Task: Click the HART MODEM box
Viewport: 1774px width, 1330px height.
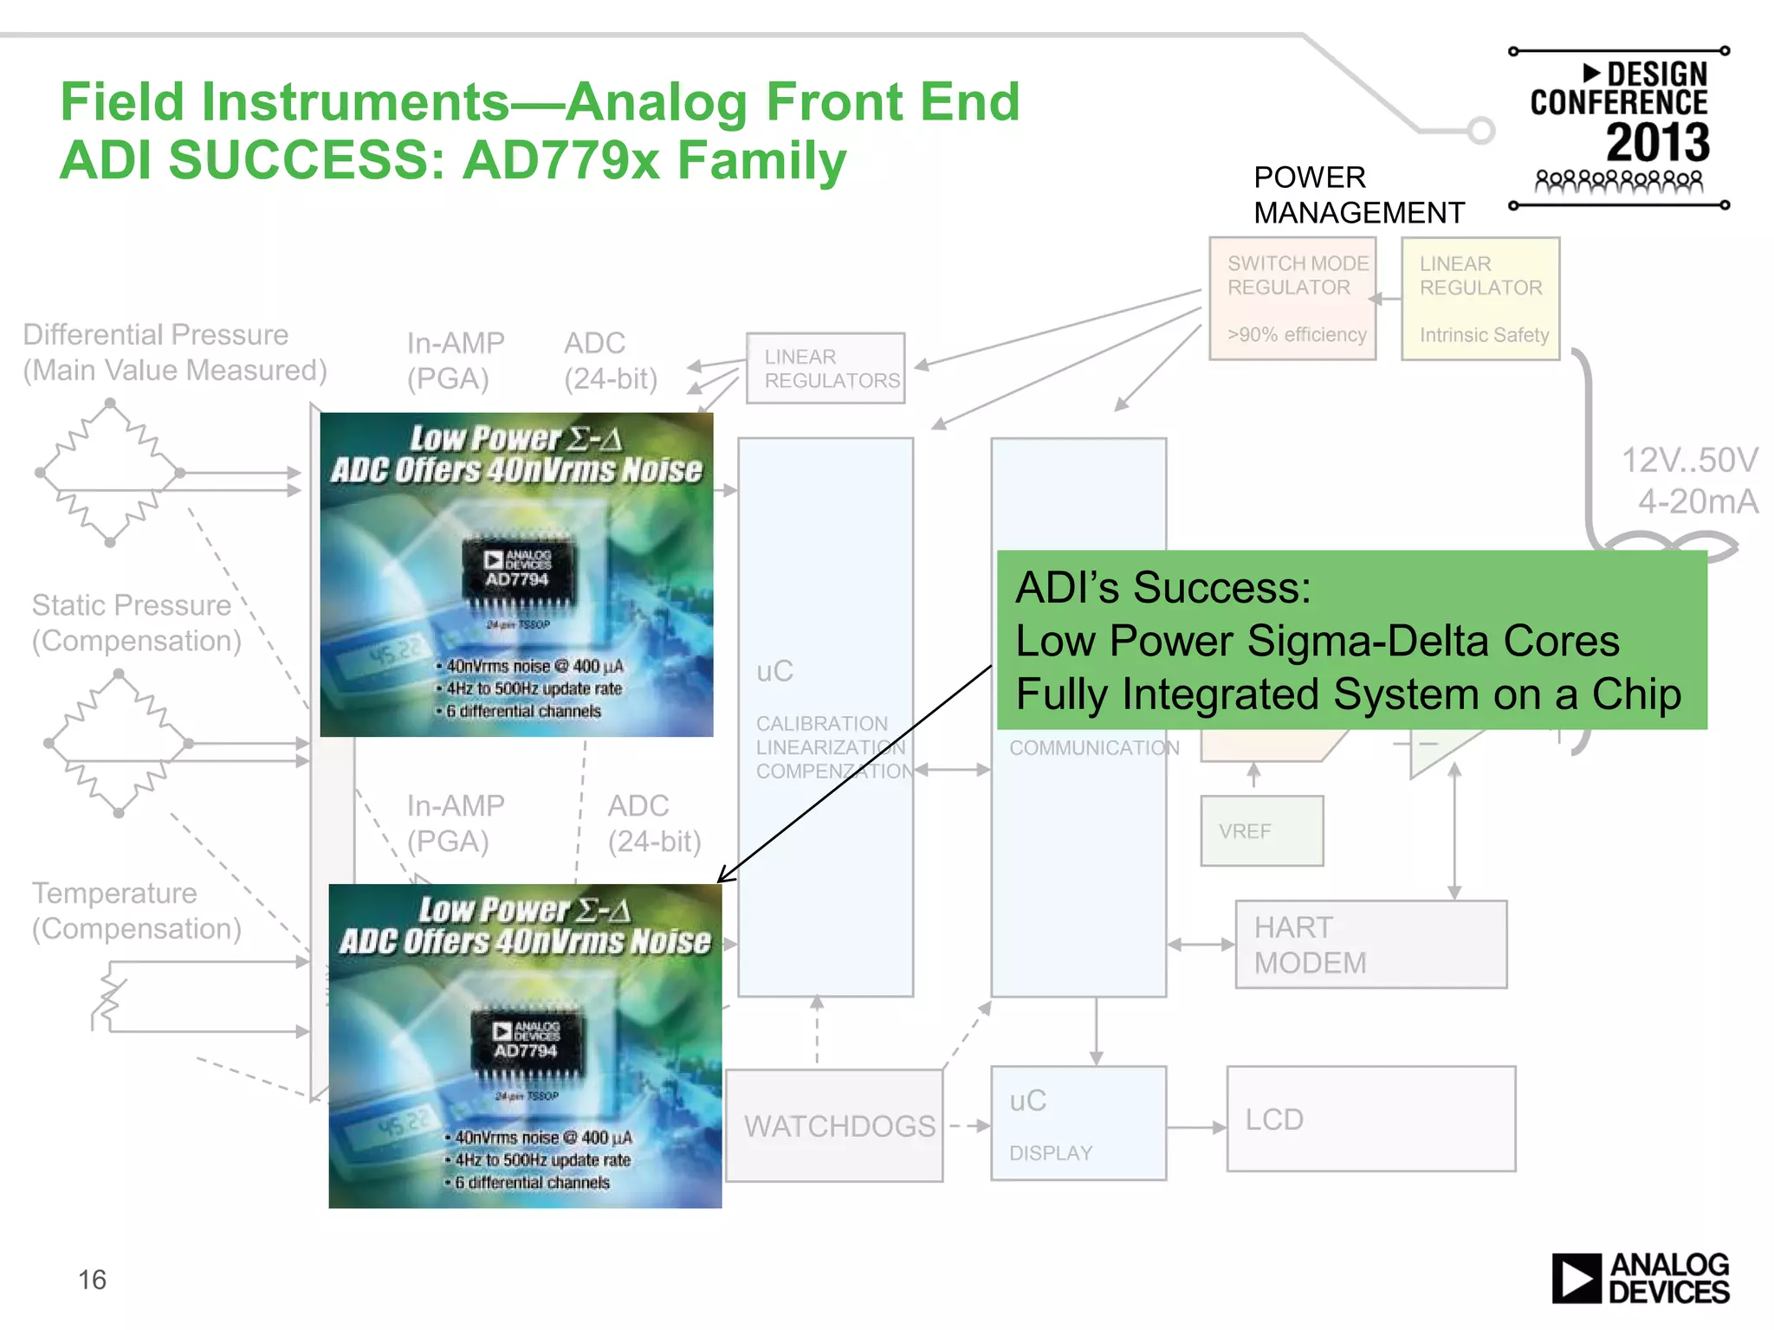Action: click(1370, 944)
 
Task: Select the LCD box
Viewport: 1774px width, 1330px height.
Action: click(1370, 1119)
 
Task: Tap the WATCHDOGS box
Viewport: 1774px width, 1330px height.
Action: click(834, 1126)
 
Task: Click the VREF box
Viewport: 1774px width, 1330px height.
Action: click(1261, 831)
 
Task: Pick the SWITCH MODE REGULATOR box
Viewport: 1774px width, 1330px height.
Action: click(1292, 298)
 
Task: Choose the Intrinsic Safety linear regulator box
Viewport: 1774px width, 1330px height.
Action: click(1480, 298)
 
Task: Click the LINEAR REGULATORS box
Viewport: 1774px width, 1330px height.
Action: click(825, 368)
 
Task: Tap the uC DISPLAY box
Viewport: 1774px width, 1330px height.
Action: click(1078, 1123)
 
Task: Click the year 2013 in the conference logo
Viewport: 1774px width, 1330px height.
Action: click(1657, 143)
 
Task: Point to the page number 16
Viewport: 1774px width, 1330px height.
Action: click(92, 1280)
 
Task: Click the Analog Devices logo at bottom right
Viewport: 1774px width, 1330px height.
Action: click(1640, 1278)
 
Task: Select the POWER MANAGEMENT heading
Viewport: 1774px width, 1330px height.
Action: click(1357, 195)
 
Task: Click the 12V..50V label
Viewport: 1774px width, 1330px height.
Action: click(1689, 460)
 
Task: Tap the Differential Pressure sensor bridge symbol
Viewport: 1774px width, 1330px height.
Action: click(110, 473)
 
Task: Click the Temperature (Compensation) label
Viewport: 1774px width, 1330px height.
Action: click(136, 910)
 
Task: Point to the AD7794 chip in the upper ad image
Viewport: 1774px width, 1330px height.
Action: click(518, 572)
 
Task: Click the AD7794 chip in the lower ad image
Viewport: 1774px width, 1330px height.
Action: click(526, 1043)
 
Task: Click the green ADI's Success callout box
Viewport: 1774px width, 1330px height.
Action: click(1351, 640)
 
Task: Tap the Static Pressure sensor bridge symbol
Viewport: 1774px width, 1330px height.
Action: click(119, 743)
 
